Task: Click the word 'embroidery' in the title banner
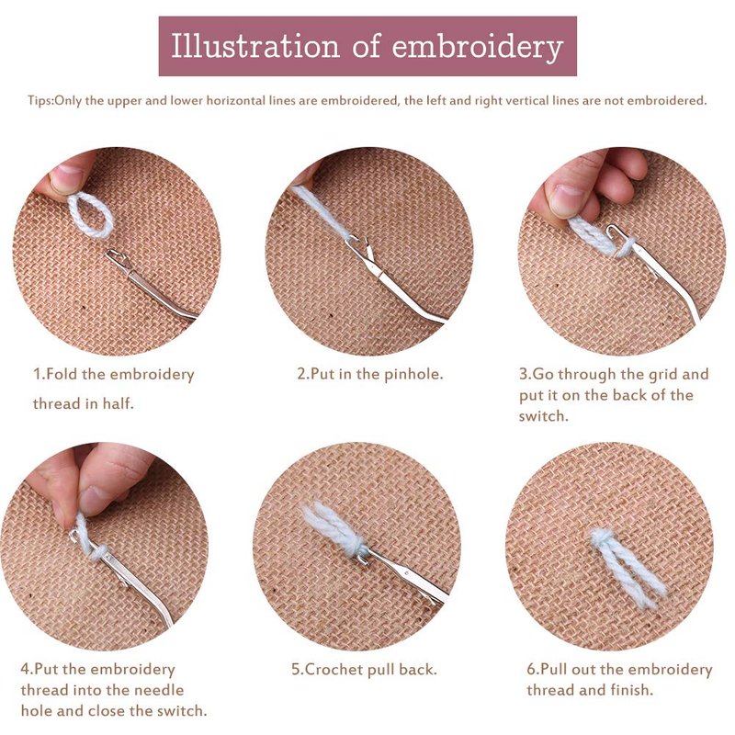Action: [477, 47]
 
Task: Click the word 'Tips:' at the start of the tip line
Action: [40, 100]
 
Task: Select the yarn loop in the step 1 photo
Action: [91, 215]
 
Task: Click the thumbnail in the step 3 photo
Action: [569, 200]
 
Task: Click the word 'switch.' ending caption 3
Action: [543, 415]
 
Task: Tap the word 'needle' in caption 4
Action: [159, 690]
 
